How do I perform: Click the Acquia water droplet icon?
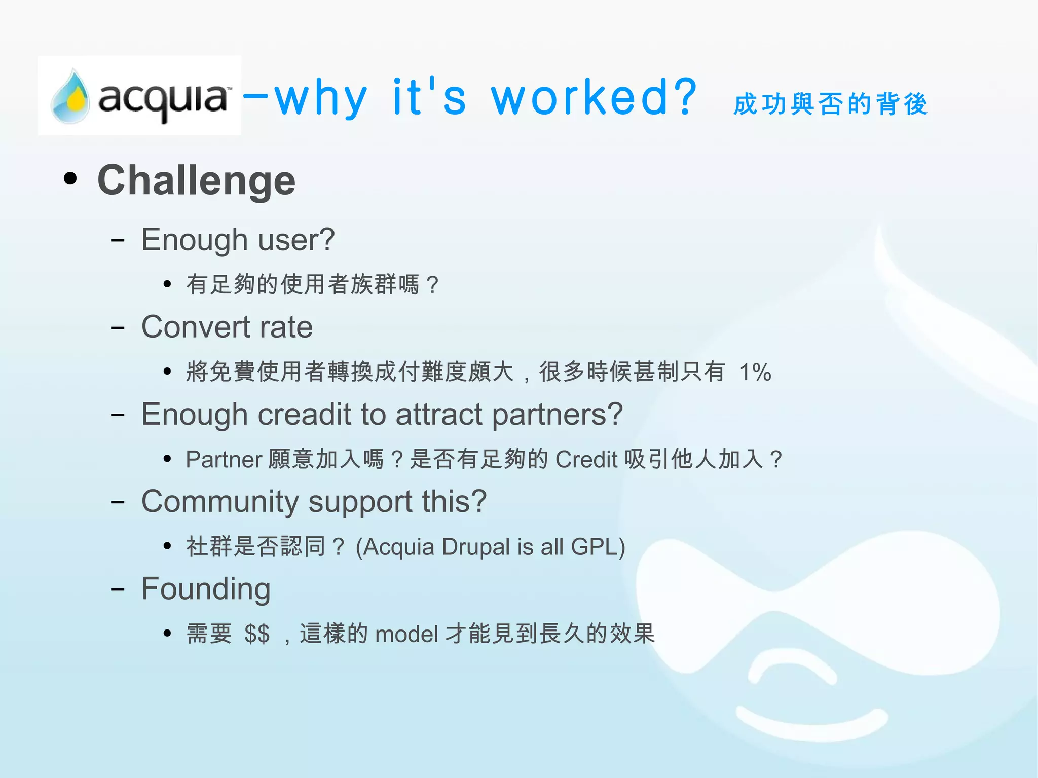(70, 97)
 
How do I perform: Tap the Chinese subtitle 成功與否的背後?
(830, 104)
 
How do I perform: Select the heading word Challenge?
(196, 180)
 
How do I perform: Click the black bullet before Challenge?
(70, 178)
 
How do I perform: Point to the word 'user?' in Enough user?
(296, 240)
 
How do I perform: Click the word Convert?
(195, 327)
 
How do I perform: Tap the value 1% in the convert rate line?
(755, 373)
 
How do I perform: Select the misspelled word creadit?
(304, 415)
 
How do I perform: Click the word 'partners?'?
(558, 415)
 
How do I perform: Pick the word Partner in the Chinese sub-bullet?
(224, 460)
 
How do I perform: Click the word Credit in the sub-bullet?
(586, 460)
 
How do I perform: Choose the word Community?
(220, 502)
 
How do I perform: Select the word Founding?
(206, 589)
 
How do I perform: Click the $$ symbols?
(256, 634)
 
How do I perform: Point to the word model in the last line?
(406, 634)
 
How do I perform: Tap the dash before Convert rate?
(118, 328)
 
